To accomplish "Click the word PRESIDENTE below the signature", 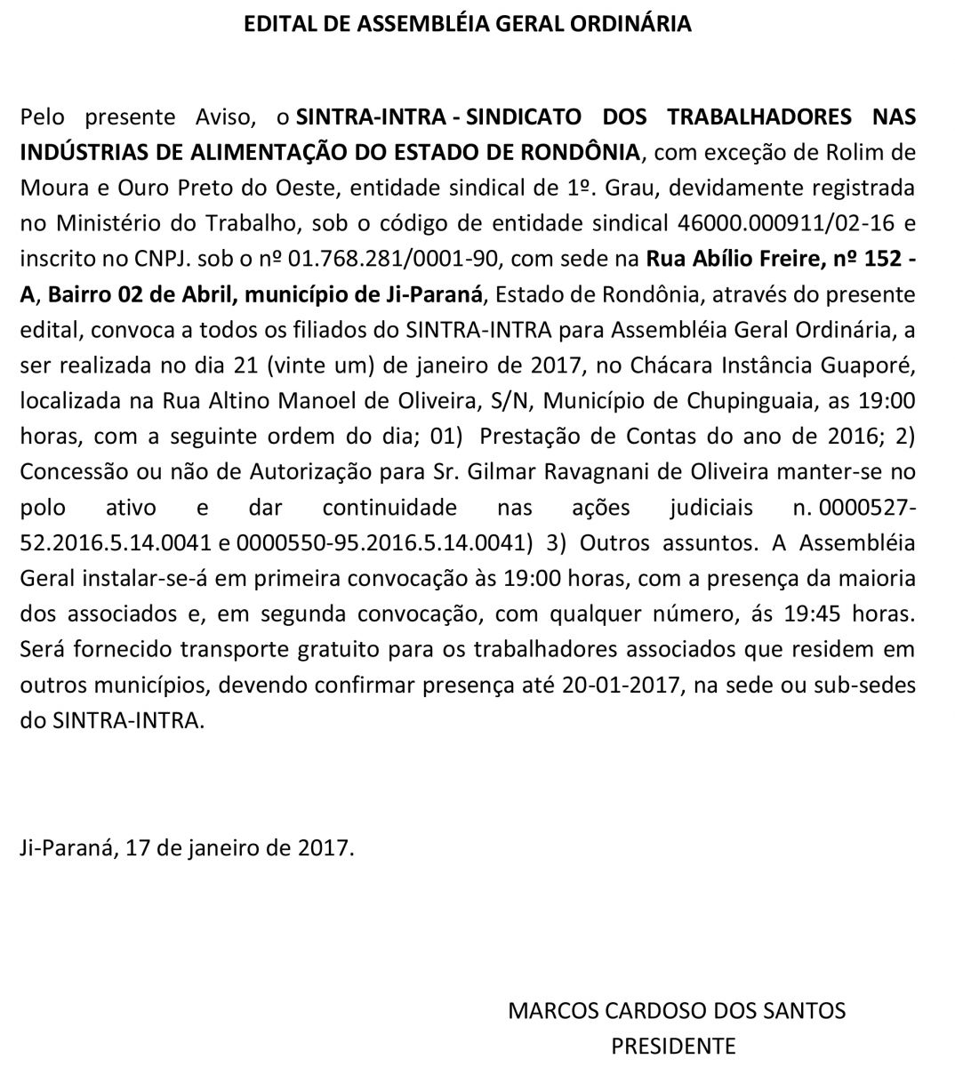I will click(673, 1046).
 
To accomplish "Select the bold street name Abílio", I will click(717, 259).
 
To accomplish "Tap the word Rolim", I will click(836, 152).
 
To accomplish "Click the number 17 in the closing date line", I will click(138, 846).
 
